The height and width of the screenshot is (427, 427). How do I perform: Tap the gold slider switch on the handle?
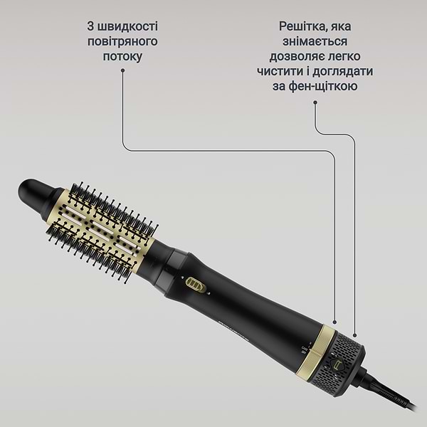pyautogui.click(x=195, y=285)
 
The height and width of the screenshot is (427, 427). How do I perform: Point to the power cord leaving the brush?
pyautogui.click(x=399, y=406)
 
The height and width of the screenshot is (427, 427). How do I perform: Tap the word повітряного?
pyautogui.click(x=122, y=41)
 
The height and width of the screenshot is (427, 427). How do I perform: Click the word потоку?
pyautogui.click(x=122, y=56)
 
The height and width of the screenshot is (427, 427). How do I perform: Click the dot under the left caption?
pyautogui.click(x=122, y=70)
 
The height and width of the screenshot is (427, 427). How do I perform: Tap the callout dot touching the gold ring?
pyautogui.click(x=335, y=324)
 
